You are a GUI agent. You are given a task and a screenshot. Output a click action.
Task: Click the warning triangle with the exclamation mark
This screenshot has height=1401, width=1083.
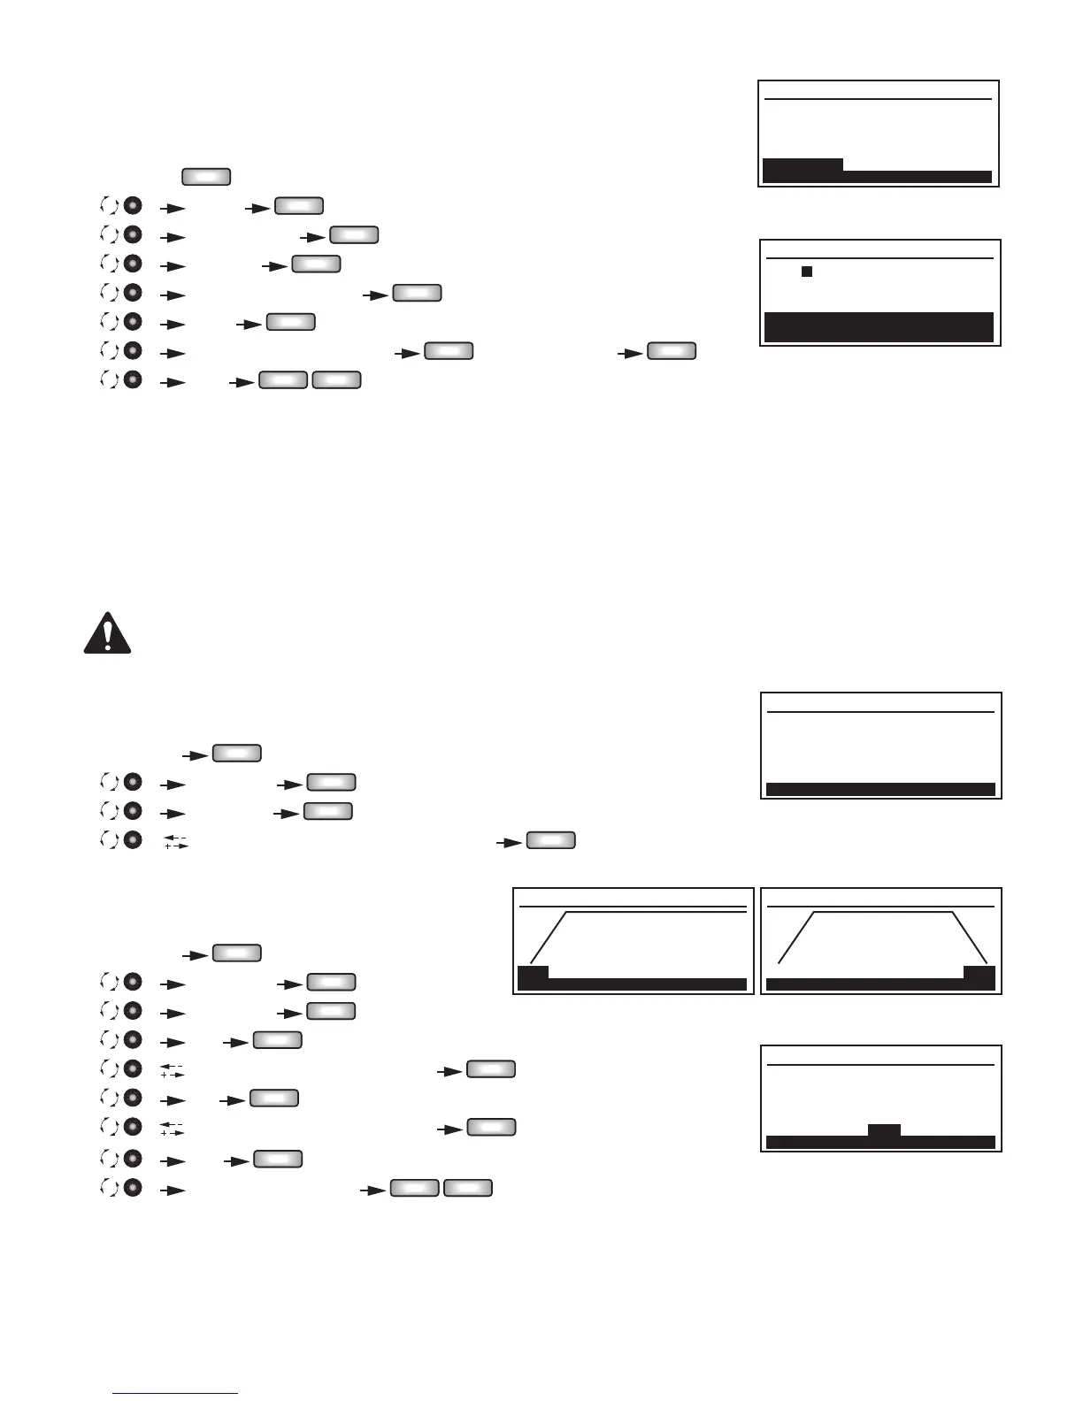click(x=107, y=632)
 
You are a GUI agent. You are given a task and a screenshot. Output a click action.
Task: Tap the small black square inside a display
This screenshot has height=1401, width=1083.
click(x=807, y=272)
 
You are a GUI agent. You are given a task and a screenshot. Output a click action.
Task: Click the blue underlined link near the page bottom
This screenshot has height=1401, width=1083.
click(x=175, y=1393)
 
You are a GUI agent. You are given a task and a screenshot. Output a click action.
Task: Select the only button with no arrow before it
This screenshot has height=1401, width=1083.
click(x=206, y=176)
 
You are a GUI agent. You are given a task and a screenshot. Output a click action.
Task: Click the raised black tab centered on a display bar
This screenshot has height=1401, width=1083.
click(x=884, y=1130)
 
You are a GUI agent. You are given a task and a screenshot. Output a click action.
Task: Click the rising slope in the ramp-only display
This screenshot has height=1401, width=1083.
click(x=548, y=938)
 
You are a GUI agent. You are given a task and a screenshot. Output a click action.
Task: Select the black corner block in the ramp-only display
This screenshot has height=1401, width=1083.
click(x=533, y=973)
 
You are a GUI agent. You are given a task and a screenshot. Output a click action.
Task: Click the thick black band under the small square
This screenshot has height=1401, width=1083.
click(x=879, y=326)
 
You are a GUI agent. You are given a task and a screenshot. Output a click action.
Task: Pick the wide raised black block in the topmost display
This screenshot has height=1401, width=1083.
click(x=803, y=165)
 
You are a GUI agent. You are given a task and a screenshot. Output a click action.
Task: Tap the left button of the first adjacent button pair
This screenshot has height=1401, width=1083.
click(x=283, y=380)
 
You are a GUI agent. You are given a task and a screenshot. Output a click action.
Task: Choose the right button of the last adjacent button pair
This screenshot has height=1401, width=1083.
click(x=468, y=1188)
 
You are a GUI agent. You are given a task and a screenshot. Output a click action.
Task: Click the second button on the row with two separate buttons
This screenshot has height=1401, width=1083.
click(x=672, y=351)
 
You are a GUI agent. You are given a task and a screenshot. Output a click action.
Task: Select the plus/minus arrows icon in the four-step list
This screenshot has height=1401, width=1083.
click(x=177, y=842)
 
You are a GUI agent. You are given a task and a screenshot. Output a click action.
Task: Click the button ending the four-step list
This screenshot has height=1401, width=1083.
click(x=551, y=840)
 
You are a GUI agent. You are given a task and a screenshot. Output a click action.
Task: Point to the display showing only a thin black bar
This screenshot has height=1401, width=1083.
click(x=881, y=746)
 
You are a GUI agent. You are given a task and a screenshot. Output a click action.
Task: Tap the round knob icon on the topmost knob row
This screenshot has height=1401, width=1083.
click(x=133, y=206)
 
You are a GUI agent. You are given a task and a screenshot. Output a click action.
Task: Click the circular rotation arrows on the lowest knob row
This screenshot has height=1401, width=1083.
click(x=110, y=1188)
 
